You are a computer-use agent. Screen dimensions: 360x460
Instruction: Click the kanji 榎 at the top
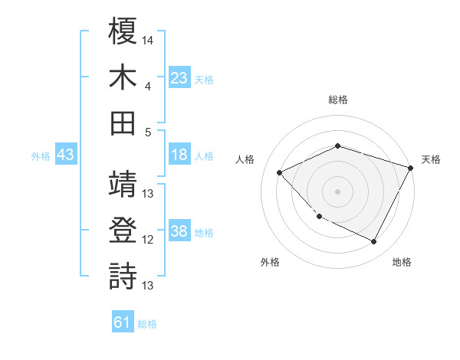point(123,32)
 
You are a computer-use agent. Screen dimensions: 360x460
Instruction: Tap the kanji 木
point(123,77)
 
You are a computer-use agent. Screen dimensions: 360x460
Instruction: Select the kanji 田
point(123,122)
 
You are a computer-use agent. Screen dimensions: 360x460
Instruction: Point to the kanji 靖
point(123,184)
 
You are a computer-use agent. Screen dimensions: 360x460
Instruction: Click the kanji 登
point(123,230)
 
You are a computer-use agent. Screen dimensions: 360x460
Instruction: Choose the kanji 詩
point(123,276)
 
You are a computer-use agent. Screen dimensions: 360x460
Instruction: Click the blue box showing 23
point(179,77)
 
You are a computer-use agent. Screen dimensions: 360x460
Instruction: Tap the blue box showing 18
point(179,155)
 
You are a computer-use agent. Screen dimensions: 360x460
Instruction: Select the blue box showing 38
point(179,232)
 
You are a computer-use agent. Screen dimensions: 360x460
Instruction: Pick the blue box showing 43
point(65,155)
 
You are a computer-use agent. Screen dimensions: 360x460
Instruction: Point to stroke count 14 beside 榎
point(148,38)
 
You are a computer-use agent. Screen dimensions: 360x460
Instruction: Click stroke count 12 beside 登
point(148,239)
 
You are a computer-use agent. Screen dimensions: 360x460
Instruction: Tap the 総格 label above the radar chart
point(338,100)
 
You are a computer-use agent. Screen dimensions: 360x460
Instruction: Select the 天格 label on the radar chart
point(432,159)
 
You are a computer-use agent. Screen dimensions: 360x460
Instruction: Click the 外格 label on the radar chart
point(270,262)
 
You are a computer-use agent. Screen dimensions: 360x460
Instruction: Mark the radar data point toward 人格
point(280,172)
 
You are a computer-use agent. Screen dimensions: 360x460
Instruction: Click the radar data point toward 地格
point(373,241)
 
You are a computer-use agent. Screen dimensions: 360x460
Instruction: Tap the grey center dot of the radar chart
point(337,191)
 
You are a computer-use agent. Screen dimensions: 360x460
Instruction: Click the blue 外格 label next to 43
point(41,156)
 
